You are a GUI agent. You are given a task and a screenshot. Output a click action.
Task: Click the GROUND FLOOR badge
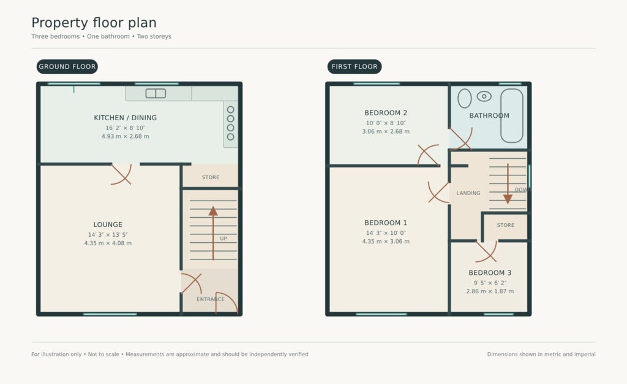point(67,66)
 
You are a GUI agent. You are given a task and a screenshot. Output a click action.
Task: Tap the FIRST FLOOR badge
point(355,66)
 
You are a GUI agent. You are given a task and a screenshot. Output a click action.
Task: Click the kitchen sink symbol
point(156,93)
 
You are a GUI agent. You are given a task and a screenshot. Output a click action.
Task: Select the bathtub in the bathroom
point(512,115)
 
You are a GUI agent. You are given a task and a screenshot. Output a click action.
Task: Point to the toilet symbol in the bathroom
point(484,96)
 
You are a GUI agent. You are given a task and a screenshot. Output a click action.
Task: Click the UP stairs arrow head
point(213,211)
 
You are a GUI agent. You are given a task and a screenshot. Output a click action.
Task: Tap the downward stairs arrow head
point(508,199)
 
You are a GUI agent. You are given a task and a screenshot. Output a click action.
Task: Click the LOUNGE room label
point(108,225)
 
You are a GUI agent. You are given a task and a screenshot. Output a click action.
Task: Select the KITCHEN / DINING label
point(125,118)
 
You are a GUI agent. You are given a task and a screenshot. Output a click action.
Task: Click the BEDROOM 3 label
point(490,273)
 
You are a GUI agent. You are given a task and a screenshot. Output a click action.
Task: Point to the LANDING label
point(468,193)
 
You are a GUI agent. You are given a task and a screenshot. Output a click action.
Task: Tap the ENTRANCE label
point(211,299)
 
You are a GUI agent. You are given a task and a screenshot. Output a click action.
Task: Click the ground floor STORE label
point(211,177)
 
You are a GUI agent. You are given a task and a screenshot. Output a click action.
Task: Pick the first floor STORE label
point(505,226)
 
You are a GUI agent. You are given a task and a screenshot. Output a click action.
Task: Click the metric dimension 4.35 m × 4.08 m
point(108,243)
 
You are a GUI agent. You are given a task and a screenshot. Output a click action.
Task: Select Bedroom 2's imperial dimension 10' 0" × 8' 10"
point(386,123)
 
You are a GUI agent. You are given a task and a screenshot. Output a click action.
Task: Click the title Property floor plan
point(94,23)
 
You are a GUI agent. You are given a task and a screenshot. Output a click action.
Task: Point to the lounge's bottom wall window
point(110,314)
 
